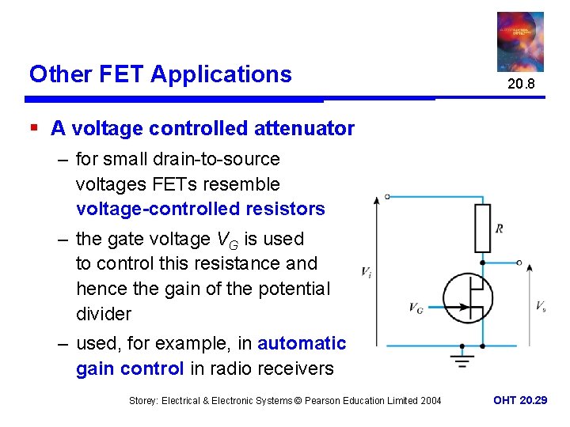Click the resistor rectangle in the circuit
[x=482, y=228]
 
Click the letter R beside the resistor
[x=499, y=229]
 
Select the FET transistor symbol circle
[x=468, y=299]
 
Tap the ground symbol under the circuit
[x=462, y=360]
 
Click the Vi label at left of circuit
[x=367, y=272]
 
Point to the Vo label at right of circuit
[x=540, y=306]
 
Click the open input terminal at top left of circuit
[x=387, y=196]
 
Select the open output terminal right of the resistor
[x=519, y=263]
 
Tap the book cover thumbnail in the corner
[x=520, y=42]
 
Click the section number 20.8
[x=520, y=84]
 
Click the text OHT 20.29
[x=520, y=401]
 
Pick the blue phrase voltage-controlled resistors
[x=200, y=209]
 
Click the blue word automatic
[x=302, y=343]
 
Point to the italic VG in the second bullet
[x=226, y=239]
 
